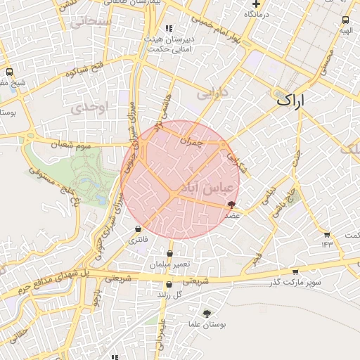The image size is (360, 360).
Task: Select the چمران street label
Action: (191, 141)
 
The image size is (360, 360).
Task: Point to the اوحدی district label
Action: (88, 106)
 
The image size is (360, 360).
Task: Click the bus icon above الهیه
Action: (345, 20)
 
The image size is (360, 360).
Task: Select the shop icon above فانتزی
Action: (138, 229)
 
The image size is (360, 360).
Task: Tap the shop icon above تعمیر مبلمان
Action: (169, 254)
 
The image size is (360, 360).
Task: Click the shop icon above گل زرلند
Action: (169, 285)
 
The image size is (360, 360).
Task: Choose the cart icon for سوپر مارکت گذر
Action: (295, 271)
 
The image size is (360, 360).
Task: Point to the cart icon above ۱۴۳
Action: (326, 235)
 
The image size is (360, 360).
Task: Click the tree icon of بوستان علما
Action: (207, 314)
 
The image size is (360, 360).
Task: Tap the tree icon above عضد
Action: (232, 205)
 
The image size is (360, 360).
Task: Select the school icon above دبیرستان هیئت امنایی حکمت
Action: (169, 27)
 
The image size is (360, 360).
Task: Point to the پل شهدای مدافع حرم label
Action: (57, 281)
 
